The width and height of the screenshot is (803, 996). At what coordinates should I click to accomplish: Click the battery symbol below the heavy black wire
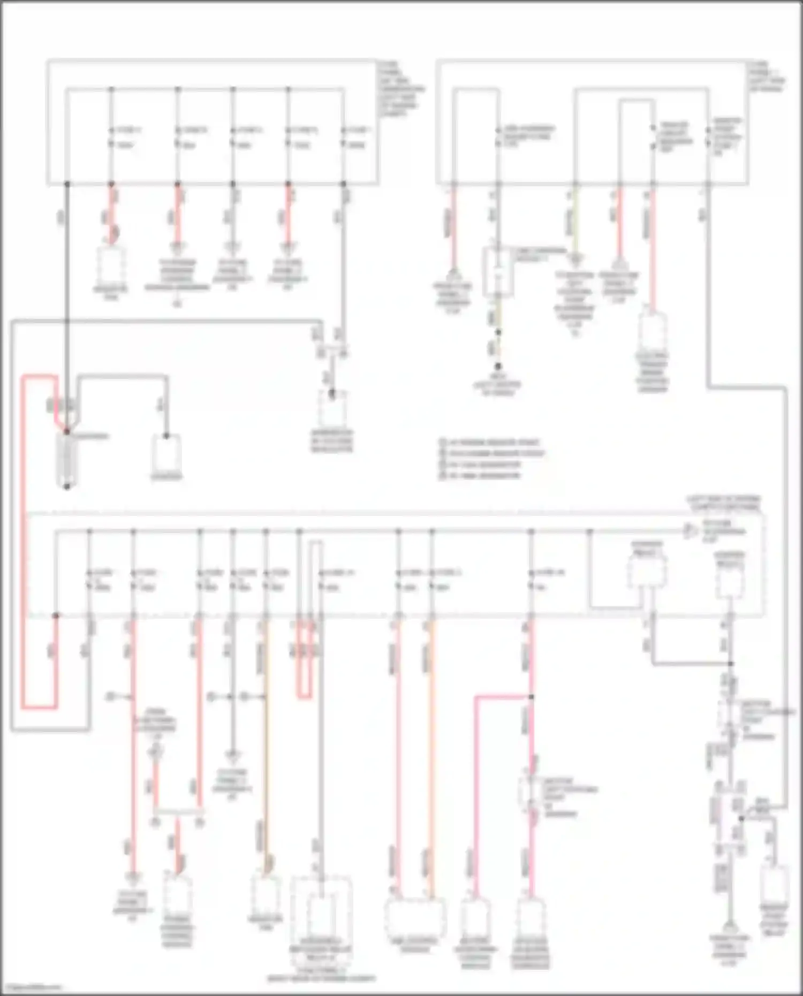[67, 459]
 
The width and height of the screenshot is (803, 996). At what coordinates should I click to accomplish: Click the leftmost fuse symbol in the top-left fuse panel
[111, 137]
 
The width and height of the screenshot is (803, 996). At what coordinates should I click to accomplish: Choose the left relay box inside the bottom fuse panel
[647, 572]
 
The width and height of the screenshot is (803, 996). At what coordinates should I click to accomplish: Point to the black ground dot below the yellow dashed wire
[497, 367]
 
